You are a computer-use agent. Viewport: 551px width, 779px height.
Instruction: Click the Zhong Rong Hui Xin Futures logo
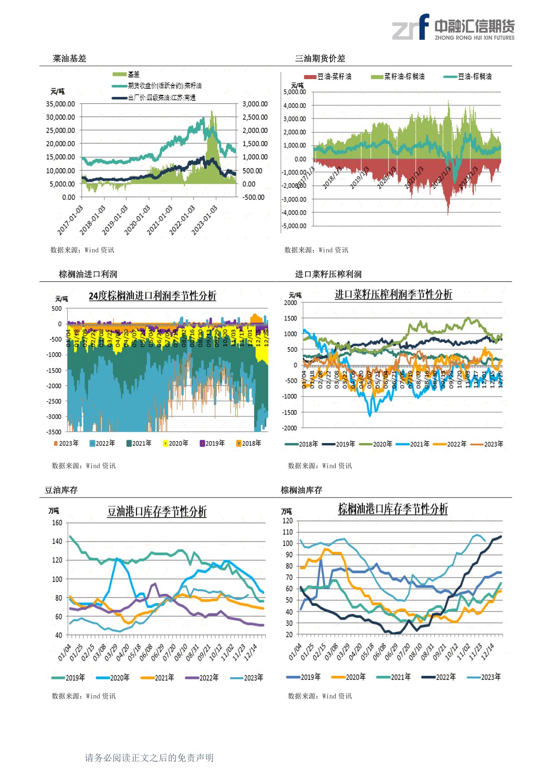[x=453, y=27]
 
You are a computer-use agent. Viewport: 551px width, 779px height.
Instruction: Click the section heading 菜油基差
[x=69, y=58]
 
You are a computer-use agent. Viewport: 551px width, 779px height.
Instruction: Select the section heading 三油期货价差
[x=320, y=58]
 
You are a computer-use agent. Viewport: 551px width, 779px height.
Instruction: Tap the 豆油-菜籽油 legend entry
[x=328, y=77]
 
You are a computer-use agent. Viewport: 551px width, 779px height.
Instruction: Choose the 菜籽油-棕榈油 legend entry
[x=398, y=77]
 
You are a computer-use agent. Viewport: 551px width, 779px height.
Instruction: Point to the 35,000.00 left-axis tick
[x=60, y=104]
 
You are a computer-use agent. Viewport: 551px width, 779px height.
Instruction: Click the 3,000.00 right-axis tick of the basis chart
[x=255, y=104]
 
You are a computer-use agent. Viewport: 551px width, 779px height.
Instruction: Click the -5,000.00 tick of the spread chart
[x=294, y=226]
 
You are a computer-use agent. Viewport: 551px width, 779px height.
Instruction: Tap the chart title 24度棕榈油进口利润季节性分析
[x=152, y=296]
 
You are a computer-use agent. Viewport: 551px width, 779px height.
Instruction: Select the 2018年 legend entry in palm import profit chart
[x=249, y=443]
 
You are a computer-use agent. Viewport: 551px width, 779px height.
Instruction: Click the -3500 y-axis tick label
[x=54, y=432]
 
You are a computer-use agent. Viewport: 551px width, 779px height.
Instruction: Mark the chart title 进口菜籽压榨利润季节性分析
[x=393, y=294]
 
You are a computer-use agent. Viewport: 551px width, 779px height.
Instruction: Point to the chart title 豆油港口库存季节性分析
[x=157, y=511]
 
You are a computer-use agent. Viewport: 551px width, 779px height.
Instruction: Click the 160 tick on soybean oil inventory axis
[x=57, y=523]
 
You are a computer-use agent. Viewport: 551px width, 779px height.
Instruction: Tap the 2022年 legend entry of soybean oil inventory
[x=202, y=678]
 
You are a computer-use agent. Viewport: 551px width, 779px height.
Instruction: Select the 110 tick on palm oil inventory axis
[x=288, y=532]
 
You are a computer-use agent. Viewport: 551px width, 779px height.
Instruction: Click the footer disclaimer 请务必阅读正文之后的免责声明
[x=149, y=758]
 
